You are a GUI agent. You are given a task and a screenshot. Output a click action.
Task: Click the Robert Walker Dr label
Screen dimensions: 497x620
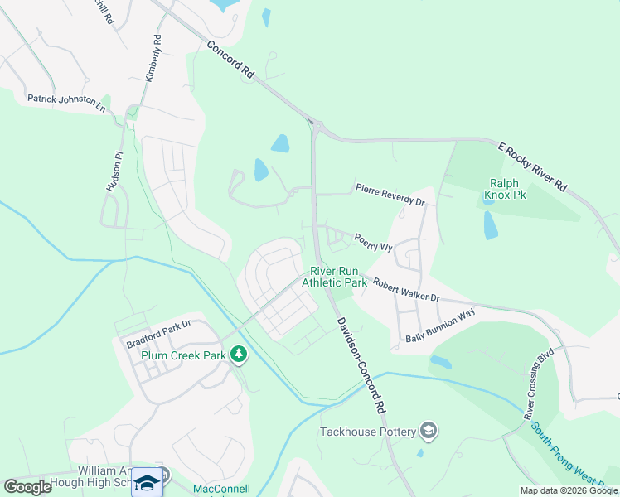tap(405, 290)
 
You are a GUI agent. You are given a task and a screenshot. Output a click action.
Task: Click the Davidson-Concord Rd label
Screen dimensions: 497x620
tap(361, 364)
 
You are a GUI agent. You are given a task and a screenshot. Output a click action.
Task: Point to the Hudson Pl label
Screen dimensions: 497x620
tap(114, 171)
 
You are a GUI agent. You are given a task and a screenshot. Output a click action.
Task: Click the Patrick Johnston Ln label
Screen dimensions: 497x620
tap(66, 103)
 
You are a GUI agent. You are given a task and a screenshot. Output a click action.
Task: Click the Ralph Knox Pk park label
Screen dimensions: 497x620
tap(504, 190)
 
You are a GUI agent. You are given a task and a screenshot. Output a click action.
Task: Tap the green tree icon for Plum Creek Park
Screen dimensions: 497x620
tap(239, 355)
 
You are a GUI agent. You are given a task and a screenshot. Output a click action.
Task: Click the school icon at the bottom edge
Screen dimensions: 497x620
tap(147, 482)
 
